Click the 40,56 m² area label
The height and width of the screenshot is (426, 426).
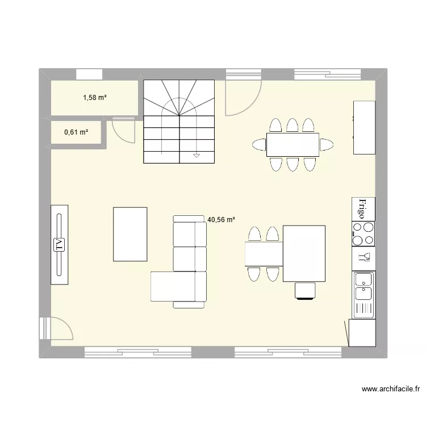point(221,219)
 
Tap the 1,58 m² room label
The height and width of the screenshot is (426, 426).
point(95,98)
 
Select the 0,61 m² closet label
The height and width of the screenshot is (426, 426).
point(76,132)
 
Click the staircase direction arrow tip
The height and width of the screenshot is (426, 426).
point(197,155)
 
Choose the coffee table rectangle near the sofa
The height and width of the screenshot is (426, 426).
point(130,234)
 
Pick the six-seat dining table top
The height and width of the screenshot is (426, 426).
point(293,144)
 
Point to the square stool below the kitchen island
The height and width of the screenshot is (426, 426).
point(304,290)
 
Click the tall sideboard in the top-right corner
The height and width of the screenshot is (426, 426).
point(364,127)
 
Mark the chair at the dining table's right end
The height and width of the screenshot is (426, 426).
point(326,144)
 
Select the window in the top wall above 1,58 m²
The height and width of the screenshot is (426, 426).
point(89,74)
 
